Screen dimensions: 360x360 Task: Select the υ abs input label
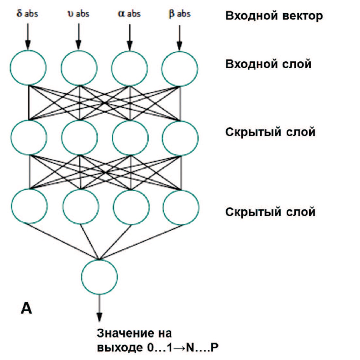coord(78,13)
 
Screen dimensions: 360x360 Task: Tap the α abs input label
coord(129,13)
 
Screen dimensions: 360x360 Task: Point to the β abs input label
coord(179,13)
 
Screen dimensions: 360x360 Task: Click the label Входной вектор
coord(274,16)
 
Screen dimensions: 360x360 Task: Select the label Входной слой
coord(268,64)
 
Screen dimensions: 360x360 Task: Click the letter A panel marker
coord(26,308)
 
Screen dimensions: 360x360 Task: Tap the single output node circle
coord(99,277)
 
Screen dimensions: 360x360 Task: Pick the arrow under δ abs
coord(28,36)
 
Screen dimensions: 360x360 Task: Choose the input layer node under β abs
coord(179,69)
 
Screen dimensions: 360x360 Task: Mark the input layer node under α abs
coord(129,68)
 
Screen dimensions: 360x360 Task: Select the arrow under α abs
coord(129,37)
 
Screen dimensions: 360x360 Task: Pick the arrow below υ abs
coord(79,36)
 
